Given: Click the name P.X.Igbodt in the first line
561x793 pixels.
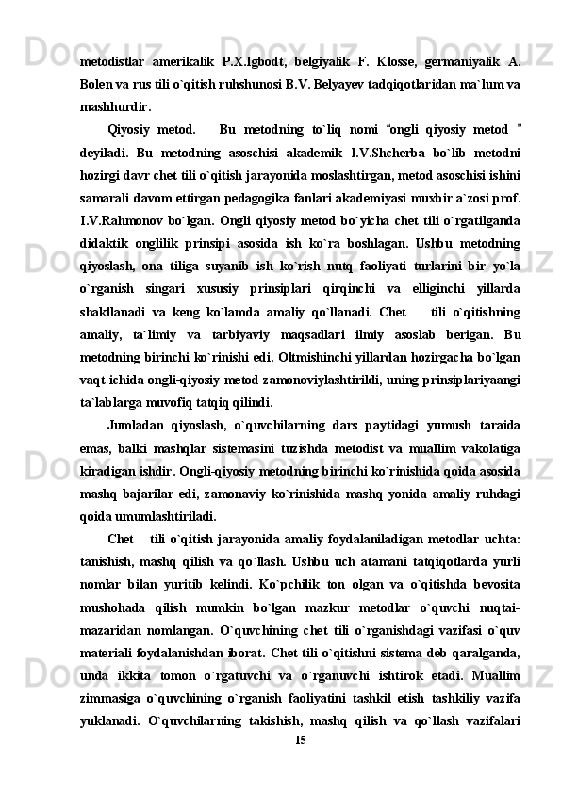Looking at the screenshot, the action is (256, 63).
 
